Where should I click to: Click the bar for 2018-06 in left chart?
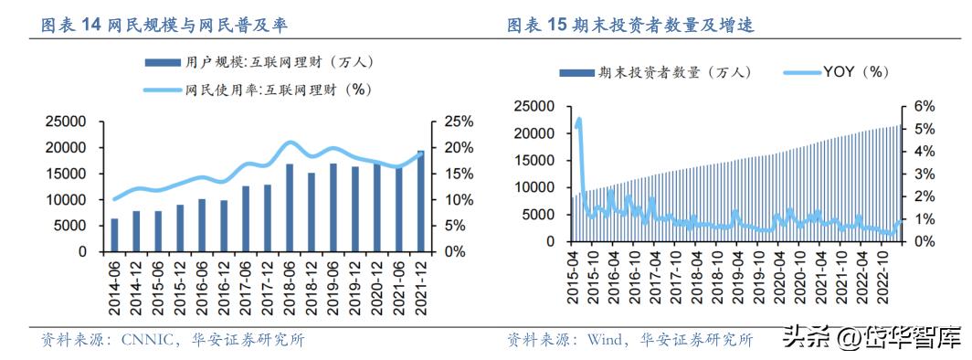click(x=290, y=207)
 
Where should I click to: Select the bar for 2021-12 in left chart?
click(x=421, y=201)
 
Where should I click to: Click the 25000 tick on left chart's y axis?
click(x=67, y=122)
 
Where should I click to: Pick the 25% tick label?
click(x=458, y=122)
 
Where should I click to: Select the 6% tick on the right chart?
click(x=920, y=106)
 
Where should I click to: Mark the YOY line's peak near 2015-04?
click(x=579, y=119)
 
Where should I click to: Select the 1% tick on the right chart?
click(x=920, y=219)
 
